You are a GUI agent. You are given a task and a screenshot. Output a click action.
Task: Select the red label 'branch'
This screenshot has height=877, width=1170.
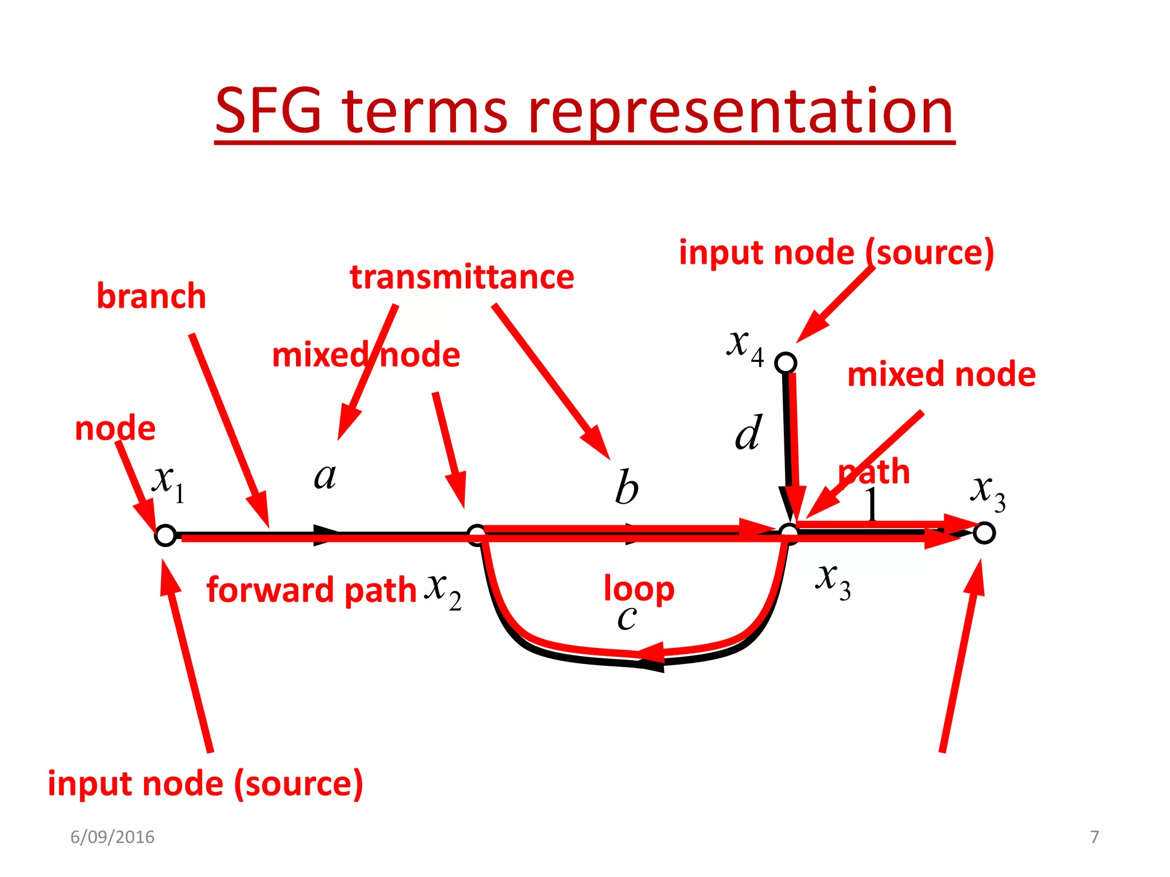151,296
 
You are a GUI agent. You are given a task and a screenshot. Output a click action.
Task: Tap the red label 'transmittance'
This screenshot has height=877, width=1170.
462,277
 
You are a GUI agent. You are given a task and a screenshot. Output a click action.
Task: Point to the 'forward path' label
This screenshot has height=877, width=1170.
311,590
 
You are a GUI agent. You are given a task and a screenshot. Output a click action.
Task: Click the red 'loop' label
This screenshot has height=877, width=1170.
639,589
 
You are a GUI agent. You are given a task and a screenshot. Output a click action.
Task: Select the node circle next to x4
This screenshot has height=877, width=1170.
786,363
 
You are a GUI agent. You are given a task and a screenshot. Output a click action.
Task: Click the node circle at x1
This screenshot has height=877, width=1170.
165,535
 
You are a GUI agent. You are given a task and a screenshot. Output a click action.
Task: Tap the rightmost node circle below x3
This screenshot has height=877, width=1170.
984,533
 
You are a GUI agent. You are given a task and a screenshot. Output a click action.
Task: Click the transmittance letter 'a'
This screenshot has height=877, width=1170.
325,476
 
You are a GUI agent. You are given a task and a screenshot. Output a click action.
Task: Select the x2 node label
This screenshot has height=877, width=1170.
443,590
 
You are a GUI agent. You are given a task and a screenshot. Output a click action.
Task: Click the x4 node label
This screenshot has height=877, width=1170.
744,346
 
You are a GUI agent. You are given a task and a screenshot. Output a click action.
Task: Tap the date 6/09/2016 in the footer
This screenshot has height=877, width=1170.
113,837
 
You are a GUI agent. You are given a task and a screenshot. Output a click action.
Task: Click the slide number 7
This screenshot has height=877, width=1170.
1094,837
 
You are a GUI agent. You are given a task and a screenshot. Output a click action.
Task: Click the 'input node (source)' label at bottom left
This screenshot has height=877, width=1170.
205,783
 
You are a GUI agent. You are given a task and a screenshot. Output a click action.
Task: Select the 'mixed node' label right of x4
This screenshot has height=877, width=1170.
941,375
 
